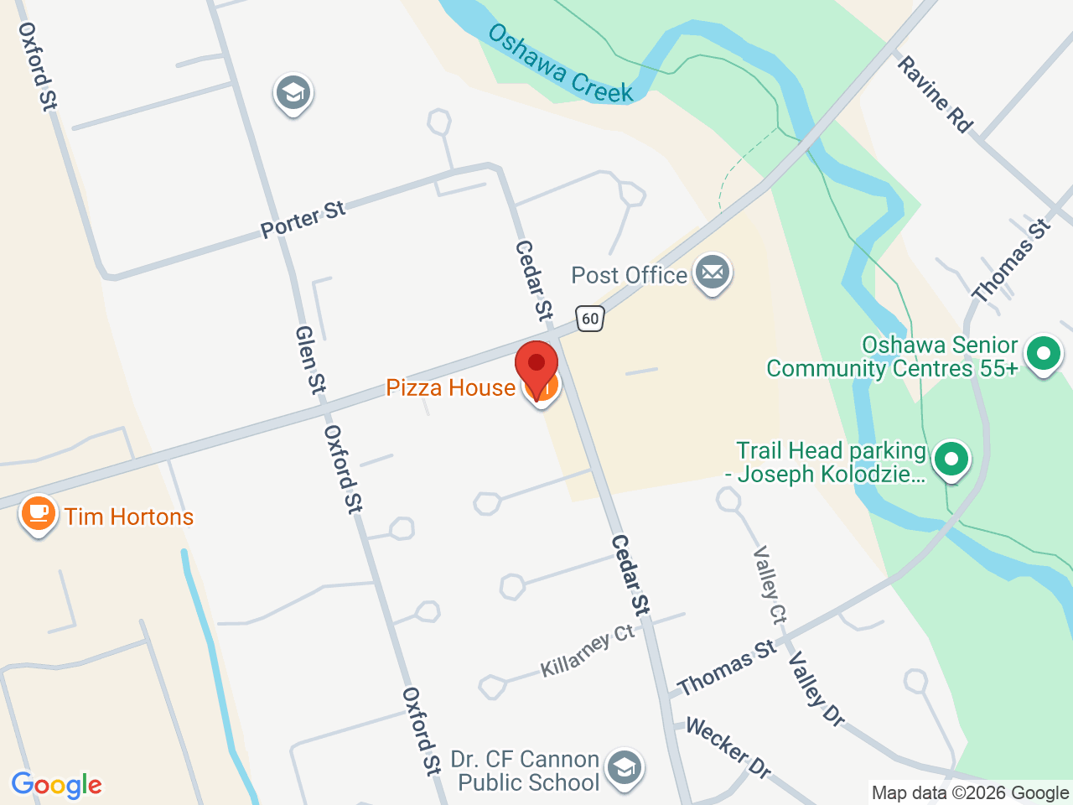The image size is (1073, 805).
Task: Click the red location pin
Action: (536, 366)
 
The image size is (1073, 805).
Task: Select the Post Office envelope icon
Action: (713, 273)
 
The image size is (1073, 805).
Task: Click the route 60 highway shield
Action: (590, 318)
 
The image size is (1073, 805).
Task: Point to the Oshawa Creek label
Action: (561, 64)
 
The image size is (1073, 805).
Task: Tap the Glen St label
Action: (309, 360)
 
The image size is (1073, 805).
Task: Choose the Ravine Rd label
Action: (935, 94)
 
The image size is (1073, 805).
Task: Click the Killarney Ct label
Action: (587, 651)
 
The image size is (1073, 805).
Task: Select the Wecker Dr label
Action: (728, 746)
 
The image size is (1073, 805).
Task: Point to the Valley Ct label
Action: (770, 584)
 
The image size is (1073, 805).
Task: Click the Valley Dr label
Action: (815, 688)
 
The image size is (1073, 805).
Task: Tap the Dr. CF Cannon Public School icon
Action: (624, 768)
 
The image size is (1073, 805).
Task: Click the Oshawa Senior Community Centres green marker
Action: (1044, 354)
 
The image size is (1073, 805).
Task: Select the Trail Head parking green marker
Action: (951, 460)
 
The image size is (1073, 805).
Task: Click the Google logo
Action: (56, 785)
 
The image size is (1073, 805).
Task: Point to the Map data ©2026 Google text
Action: (970, 792)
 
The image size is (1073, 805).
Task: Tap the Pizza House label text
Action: (450, 387)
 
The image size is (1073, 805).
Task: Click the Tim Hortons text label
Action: (129, 517)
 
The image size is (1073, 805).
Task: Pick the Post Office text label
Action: (629, 275)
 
